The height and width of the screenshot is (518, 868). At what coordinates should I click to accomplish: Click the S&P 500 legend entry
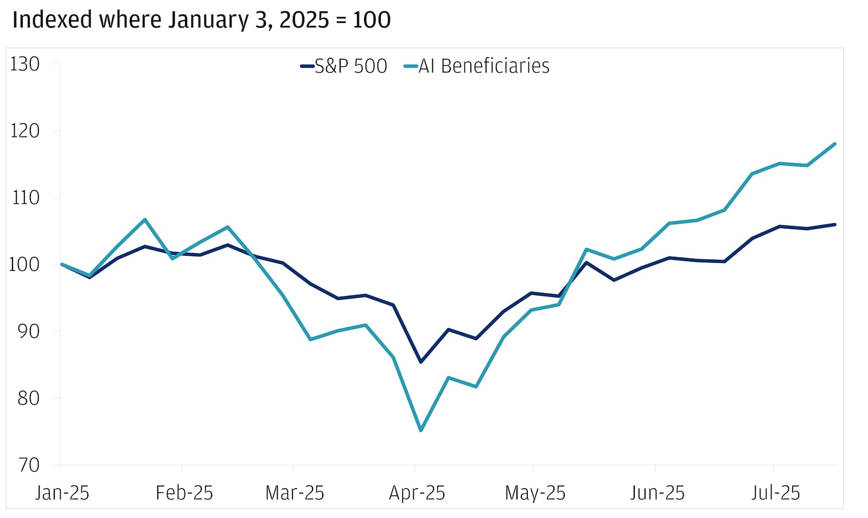(x=344, y=66)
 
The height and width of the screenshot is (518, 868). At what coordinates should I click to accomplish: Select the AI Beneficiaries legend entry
(x=477, y=66)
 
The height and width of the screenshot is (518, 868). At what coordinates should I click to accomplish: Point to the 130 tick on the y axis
(x=25, y=64)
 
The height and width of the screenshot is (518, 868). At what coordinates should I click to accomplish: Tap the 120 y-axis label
(x=25, y=131)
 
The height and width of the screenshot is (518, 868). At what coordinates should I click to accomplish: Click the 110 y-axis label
(x=25, y=198)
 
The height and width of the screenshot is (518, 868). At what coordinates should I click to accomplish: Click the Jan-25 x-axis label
(x=62, y=493)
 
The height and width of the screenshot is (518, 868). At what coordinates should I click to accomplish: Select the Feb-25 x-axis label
(x=184, y=493)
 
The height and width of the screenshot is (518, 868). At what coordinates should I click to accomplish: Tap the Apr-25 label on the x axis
(x=417, y=493)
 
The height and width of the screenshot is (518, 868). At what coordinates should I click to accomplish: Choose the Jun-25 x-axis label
(x=657, y=493)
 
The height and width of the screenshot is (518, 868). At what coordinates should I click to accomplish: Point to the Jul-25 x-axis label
(x=775, y=493)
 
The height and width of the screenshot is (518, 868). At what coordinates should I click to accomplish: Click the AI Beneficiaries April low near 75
(x=421, y=431)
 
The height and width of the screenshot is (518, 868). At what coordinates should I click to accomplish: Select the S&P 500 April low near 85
(x=421, y=362)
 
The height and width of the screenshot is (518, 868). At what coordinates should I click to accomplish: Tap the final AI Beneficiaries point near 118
(x=834, y=144)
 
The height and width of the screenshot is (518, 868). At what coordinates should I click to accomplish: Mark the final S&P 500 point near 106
(x=834, y=224)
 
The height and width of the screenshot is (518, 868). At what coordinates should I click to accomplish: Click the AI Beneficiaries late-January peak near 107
(x=145, y=219)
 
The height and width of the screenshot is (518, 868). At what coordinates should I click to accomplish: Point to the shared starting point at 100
(x=62, y=264)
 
